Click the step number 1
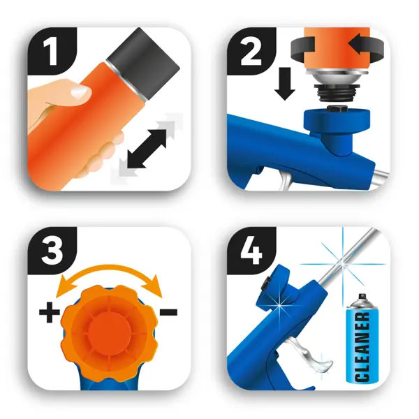(50, 52)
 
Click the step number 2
(251, 52)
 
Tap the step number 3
(52, 251)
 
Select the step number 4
(251, 251)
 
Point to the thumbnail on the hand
(79, 92)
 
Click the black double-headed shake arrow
(147, 149)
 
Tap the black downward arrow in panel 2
(285, 84)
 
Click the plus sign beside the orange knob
(49, 312)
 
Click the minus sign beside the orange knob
(168, 312)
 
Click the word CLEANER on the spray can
(362, 346)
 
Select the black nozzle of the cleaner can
(362, 296)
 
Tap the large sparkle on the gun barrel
(343, 264)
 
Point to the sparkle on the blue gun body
(279, 304)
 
